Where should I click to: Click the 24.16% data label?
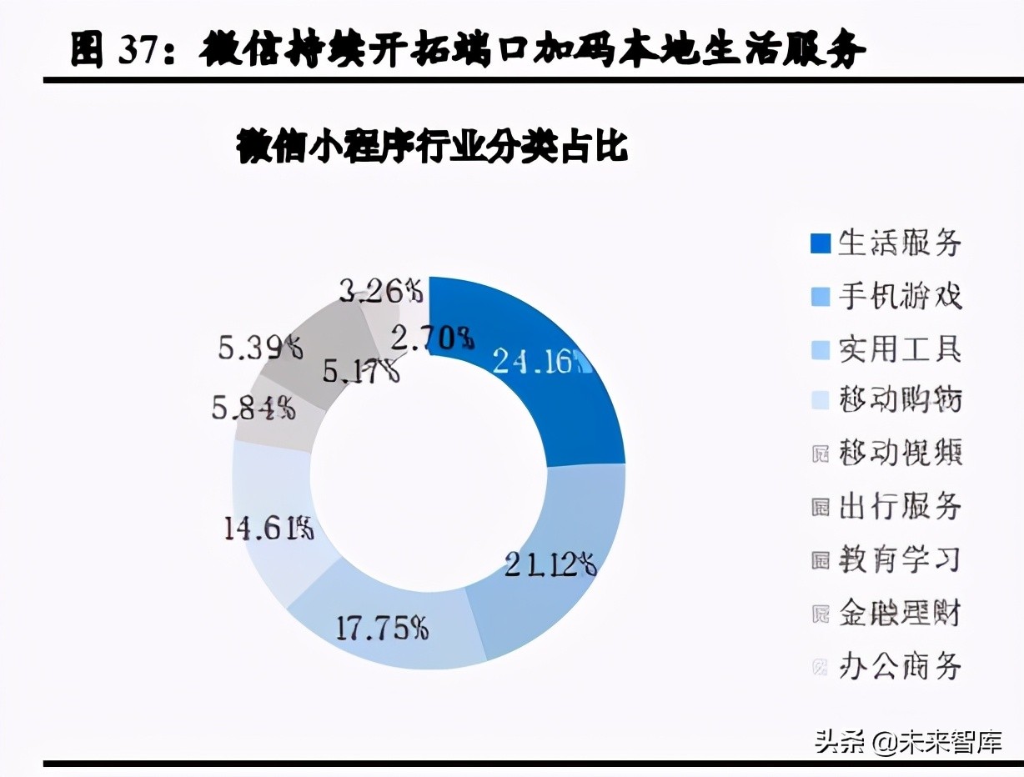540,362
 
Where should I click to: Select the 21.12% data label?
550,565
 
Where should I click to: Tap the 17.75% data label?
382,628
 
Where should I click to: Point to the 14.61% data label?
268,529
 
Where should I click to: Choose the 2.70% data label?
433,338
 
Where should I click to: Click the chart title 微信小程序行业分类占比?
432,148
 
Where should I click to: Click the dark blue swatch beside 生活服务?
821,243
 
